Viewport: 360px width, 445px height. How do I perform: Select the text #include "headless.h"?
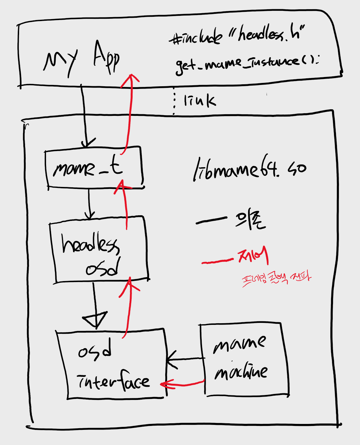(x=237, y=35)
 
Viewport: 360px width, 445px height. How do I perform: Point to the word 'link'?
(x=200, y=100)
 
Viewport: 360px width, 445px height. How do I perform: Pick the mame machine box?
(x=244, y=359)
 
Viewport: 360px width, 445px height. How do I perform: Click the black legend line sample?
(x=211, y=221)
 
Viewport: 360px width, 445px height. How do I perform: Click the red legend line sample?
(x=217, y=262)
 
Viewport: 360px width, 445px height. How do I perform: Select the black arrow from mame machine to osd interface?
(x=184, y=358)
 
